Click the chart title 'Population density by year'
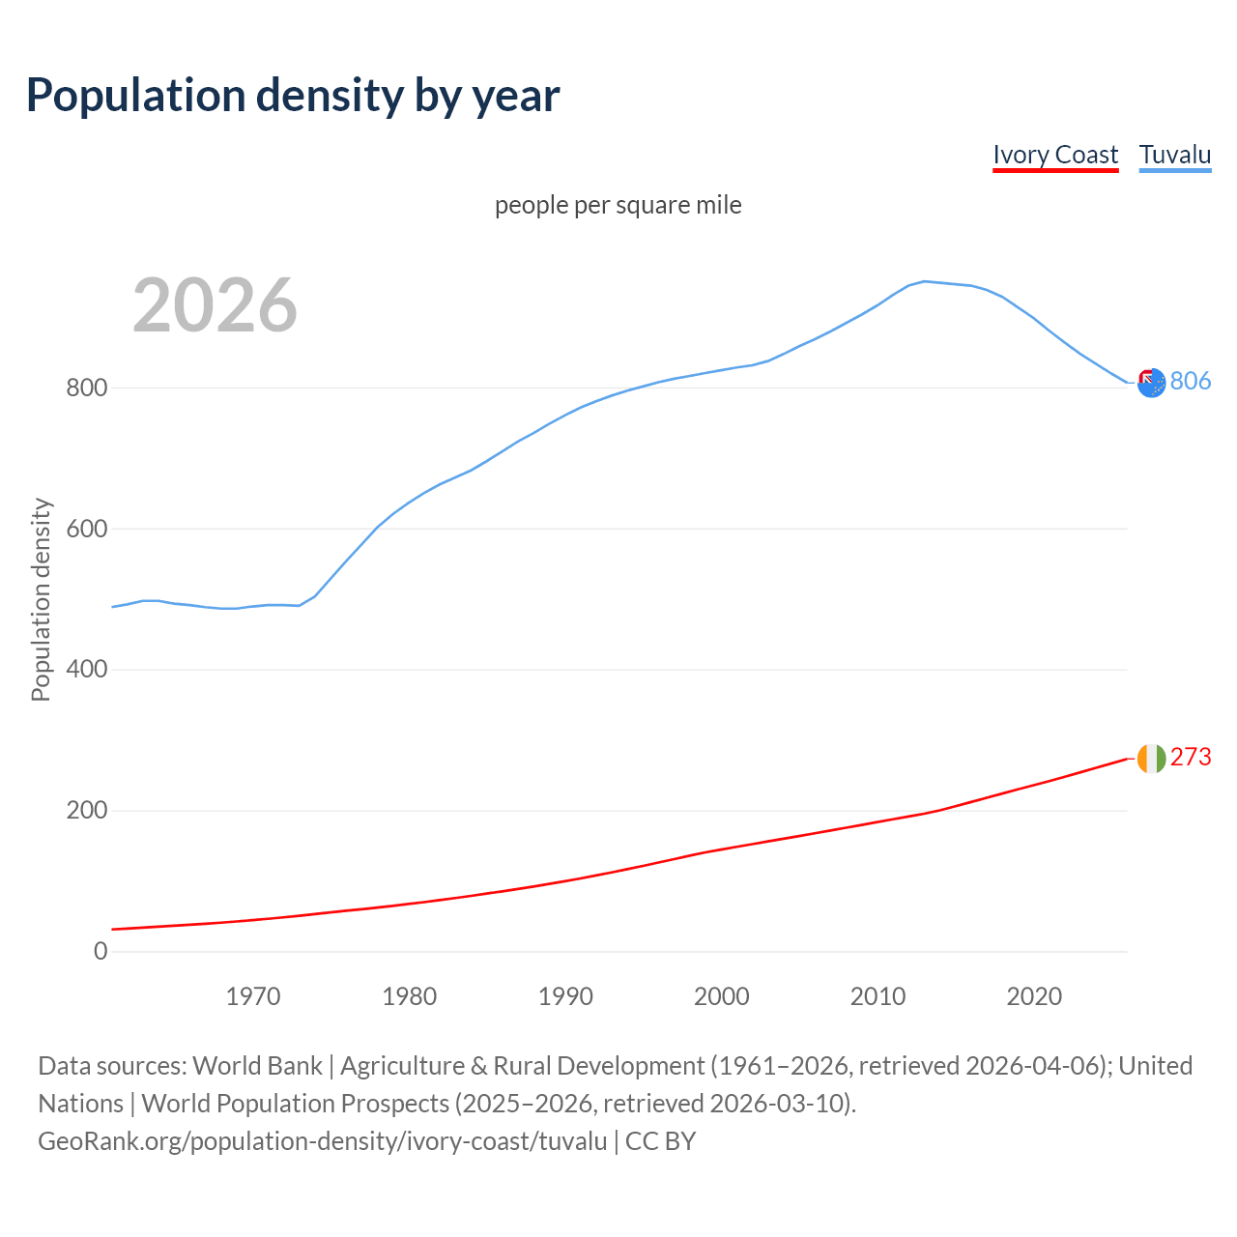point(293,95)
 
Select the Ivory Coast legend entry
point(1055,155)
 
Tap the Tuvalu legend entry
point(1175,155)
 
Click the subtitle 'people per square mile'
point(618,205)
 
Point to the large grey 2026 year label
point(215,305)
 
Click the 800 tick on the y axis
point(86,388)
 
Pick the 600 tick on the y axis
point(86,530)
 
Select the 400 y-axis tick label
point(86,670)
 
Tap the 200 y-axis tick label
point(86,811)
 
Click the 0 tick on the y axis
point(101,952)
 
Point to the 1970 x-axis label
point(253,996)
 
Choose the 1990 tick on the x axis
point(565,996)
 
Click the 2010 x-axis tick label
point(877,996)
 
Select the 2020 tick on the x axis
point(1034,996)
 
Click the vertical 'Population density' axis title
point(41,599)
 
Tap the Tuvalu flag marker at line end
point(1151,383)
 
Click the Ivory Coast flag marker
point(1151,759)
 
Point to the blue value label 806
point(1191,382)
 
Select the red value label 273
point(1191,758)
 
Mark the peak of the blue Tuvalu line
point(924,281)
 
